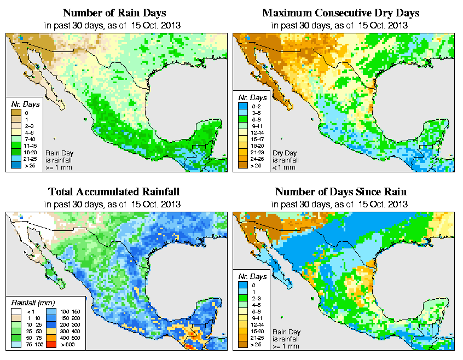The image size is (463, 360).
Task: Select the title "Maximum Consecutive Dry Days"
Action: (x=341, y=13)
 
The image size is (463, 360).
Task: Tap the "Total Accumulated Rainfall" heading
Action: (x=114, y=192)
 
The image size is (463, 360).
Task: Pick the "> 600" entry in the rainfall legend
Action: (x=67, y=346)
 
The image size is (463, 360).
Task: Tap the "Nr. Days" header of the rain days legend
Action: (x=23, y=104)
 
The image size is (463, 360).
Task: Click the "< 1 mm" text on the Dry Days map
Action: (x=283, y=167)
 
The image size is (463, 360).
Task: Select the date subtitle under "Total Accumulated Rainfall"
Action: (x=114, y=204)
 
